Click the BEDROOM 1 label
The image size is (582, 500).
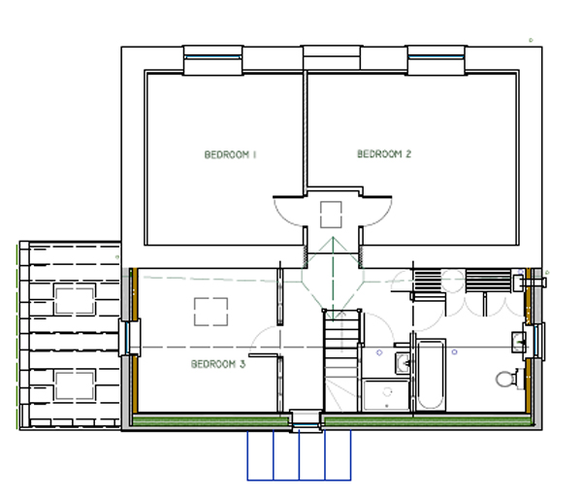click(x=230, y=154)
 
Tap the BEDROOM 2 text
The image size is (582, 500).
click(x=384, y=153)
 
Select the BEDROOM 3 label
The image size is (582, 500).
click(x=218, y=364)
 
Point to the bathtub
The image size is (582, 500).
click(x=430, y=375)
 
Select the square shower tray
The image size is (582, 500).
click(x=386, y=395)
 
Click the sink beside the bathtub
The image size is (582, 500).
click(x=403, y=362)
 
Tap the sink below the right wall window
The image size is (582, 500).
click(x=519, y=342)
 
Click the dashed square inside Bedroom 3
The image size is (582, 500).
click(x=210, y=312)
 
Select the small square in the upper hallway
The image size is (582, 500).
click(x=331, y=215)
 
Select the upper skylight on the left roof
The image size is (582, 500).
click(x=75, y=299)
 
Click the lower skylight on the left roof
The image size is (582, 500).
click(x=75, y=384)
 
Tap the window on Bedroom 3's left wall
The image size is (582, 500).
click(x=127, y=338)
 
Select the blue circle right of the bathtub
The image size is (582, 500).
click(x=454, y=351)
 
